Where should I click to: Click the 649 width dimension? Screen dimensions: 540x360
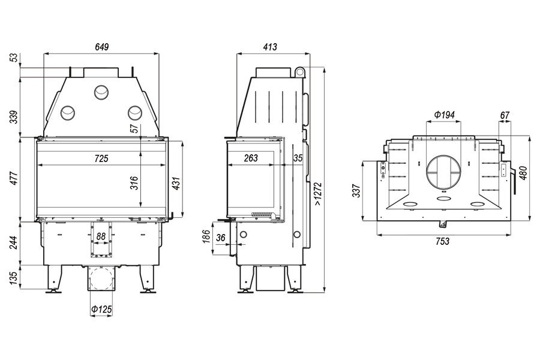(x=102, y=47)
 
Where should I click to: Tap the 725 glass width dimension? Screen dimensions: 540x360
(x=101, y=158)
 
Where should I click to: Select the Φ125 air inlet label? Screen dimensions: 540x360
(x=101, y=310)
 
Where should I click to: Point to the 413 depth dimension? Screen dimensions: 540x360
(x=270, y=47)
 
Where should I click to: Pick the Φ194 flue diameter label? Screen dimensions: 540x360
(x=444, y=115)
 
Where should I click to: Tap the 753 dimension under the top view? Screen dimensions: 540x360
(x=443, y=241)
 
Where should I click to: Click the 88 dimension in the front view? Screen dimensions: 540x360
(x=101, y=236)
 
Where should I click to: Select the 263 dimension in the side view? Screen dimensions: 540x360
(x=251, y=158)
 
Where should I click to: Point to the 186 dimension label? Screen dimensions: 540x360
(x=206, y=236)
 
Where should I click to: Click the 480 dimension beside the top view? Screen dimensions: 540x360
(x=523, y=173)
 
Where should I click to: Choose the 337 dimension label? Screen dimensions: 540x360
(x=356, y=191)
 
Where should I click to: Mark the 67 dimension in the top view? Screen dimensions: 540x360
(x=505, y=115)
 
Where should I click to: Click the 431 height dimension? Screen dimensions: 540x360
(x=176, y=184)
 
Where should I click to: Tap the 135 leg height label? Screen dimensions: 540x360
(x=13, y=278)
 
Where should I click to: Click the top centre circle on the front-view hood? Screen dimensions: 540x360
(x=101, y=92)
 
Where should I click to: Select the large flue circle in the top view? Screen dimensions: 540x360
(x=443, y=172)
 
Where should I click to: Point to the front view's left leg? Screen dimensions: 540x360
(x=54, y=278)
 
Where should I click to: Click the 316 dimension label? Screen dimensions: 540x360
(x=134, y=183)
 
